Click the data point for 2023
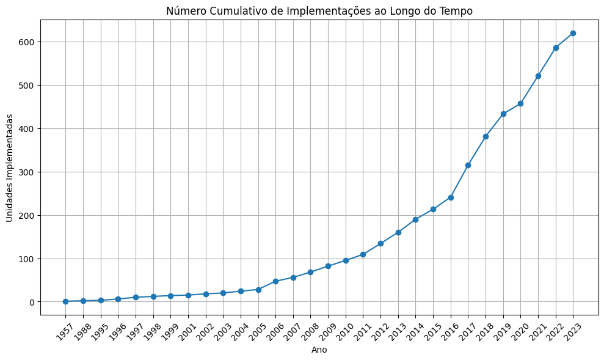click(x=573, y=33)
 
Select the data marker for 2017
click(x=468, y=165)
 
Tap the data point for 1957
click(x=65, y=301)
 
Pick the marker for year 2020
click(x=520, y=103)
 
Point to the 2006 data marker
click(x=275, y=281)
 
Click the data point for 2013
click(x=398, y=232)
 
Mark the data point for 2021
click(x=538, y=76)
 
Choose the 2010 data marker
click(x=346, y=260)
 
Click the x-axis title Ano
click(x=319, y=350)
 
